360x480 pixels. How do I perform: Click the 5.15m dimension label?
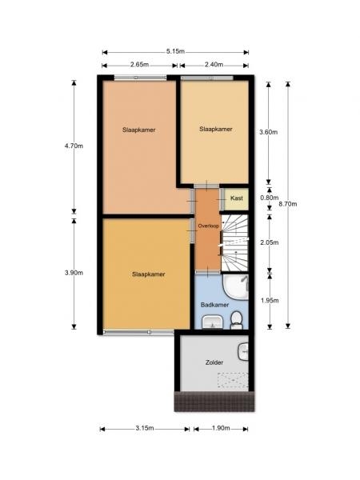pos(175,51)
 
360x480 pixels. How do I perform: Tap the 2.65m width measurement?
pos(139,65)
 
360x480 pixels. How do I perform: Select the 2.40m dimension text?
pos(214,65)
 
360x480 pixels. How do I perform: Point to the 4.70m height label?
pos(74,146)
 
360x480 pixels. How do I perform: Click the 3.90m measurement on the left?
pos(74,273)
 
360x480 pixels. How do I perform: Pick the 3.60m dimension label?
pos(269,132)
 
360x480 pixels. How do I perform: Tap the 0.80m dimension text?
pos(270,198)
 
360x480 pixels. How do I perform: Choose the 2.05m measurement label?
pos(270,242)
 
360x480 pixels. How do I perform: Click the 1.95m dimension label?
pos(270,301)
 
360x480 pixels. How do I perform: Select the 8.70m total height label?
pos(288,204)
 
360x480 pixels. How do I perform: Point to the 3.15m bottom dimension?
pos(145,428)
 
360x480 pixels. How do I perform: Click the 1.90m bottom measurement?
pos(221,428)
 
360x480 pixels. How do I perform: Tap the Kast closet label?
pos(237,198)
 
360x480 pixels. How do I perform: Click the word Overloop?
pos(208,226)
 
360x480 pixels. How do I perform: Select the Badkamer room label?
pos(215,305)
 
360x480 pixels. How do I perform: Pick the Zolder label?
pos(214,362)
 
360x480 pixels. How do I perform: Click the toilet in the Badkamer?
pos(236,319)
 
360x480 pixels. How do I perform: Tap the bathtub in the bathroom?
pos(236,287)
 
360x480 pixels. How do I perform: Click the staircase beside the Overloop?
pos(234,242)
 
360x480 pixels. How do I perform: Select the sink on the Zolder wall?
pos(243,351)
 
